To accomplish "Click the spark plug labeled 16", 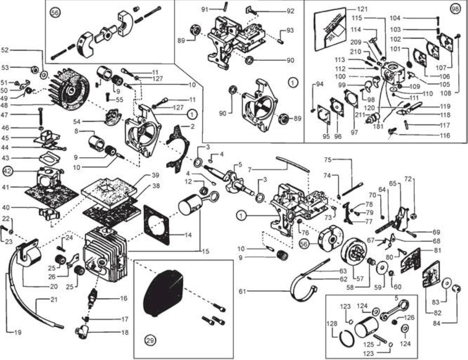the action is (x=92, y=299).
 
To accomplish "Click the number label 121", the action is (x=362, y=9).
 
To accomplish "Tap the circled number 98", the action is (x=455, y=9).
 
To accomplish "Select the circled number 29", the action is (x=151, y=340).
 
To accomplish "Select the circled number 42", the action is (x=8, y=171).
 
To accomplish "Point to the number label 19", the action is (x=18, y=332).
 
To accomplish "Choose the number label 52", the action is (x=5, y=50).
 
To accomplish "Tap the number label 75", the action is (x=328, y=160).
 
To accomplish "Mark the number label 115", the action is (x=357, y=18).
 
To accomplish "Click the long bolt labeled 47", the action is (x=40, y=117).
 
